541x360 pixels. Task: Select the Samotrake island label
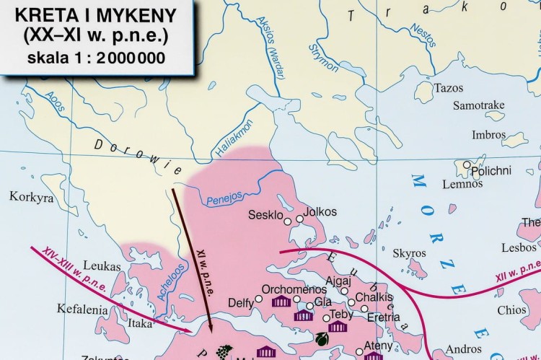[x=478, y=106]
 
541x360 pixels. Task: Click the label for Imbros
[x=488, y=135]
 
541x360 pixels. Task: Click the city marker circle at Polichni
[x=467, y=164]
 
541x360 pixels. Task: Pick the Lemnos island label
[x=462, y=184]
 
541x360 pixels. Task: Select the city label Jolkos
[x=320, y=213]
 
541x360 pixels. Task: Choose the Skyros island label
[x=409, y=253]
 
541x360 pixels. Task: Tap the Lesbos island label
[x=519, y=247]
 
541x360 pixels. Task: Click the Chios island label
[x=512, y=310]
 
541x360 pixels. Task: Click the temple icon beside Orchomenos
[x=281, y=301]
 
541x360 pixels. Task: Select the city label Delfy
[x=240, y=302]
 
